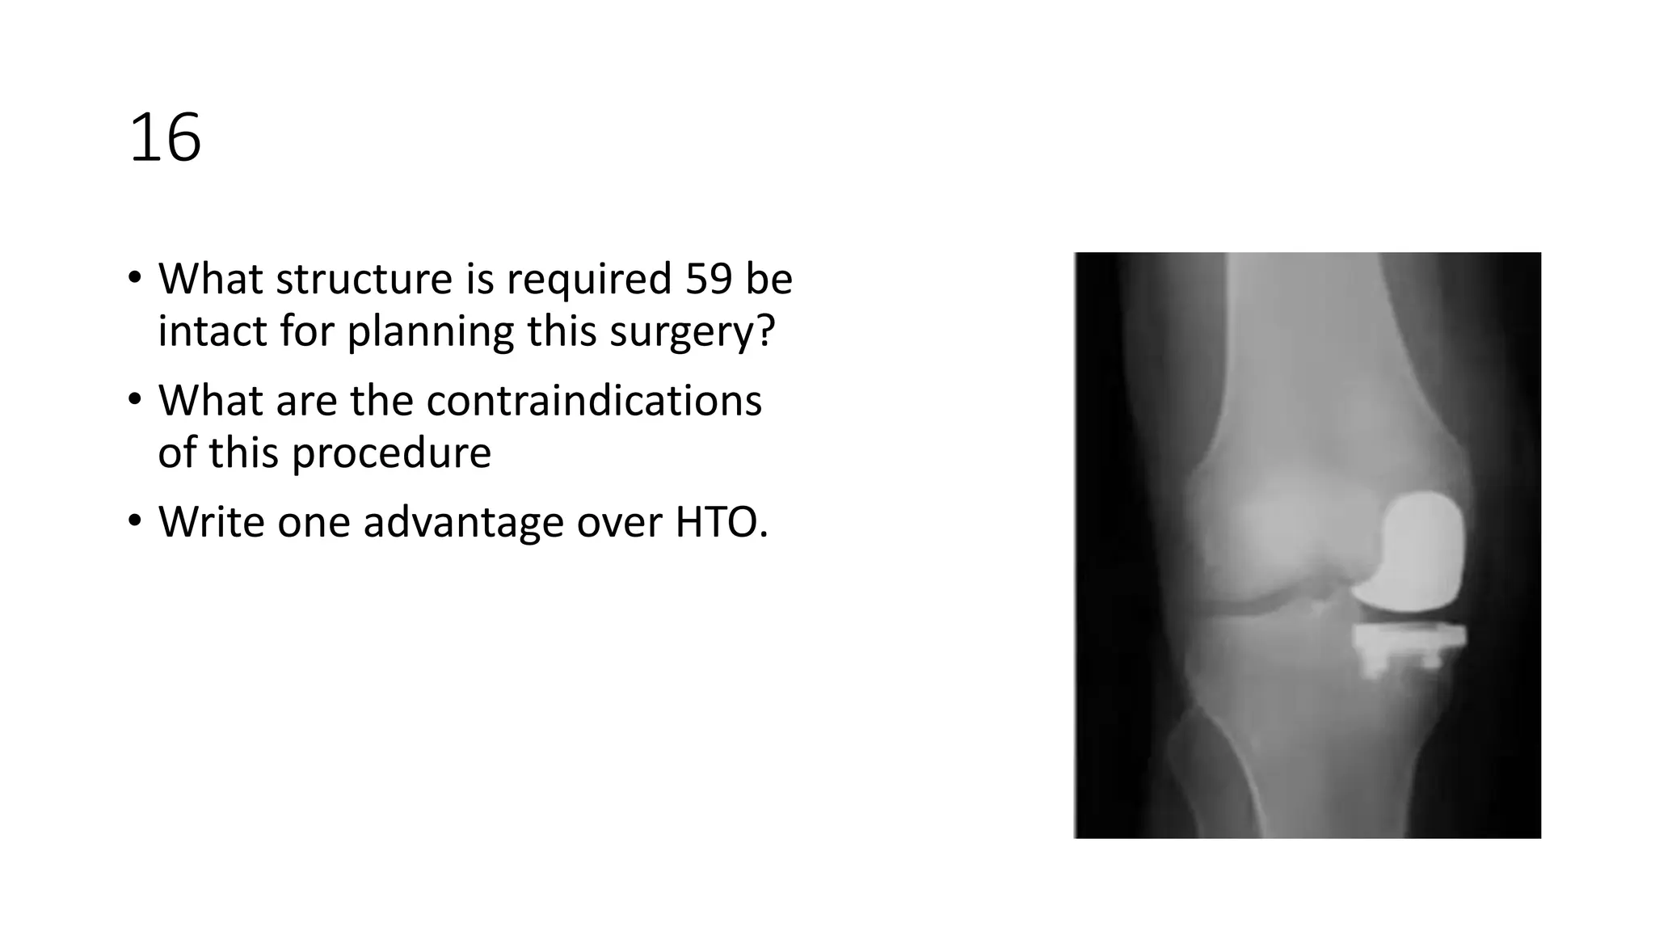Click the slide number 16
click(x=165, y=138)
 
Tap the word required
click(x=589, y=280)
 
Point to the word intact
click(x=212, y=331)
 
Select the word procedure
click(x=391, y=453)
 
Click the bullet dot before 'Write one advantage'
click(x=134, y=520)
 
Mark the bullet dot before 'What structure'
click(x=134, y=277)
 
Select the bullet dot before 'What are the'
click(x=134, y=398)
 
